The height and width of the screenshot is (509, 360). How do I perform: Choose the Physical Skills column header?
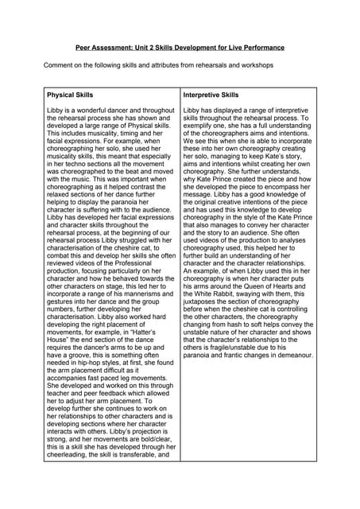click(70, 95)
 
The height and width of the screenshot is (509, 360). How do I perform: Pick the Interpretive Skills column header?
click(211, 95)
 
